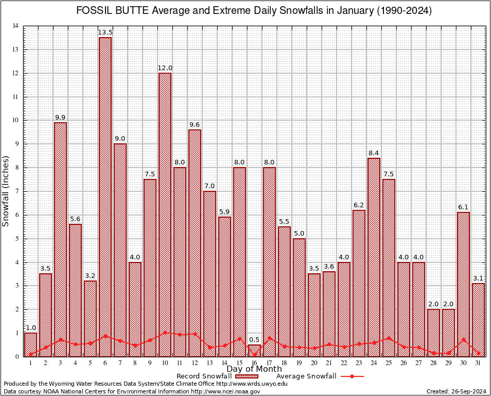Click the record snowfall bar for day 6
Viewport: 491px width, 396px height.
click(105, 196)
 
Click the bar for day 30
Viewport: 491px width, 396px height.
click(463, 284)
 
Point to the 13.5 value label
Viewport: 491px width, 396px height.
click(105, 32)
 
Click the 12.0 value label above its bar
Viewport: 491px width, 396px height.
click(165, 68)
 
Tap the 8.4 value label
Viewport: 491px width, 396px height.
click(374, 153)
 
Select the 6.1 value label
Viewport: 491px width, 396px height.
click(463, 207)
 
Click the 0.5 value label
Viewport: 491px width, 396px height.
click(254, 340)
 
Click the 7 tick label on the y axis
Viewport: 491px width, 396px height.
click(16, 191)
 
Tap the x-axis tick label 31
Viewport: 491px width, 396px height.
click(478, 363)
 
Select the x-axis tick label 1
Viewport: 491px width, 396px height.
click(30, 363)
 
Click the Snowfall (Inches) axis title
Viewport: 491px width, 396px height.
click(6, 191)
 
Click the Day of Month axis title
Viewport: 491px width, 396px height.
click(254, 369)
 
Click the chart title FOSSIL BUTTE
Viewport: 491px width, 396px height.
click(254, 11)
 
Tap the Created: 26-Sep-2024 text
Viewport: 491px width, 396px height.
click(457, 391)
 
